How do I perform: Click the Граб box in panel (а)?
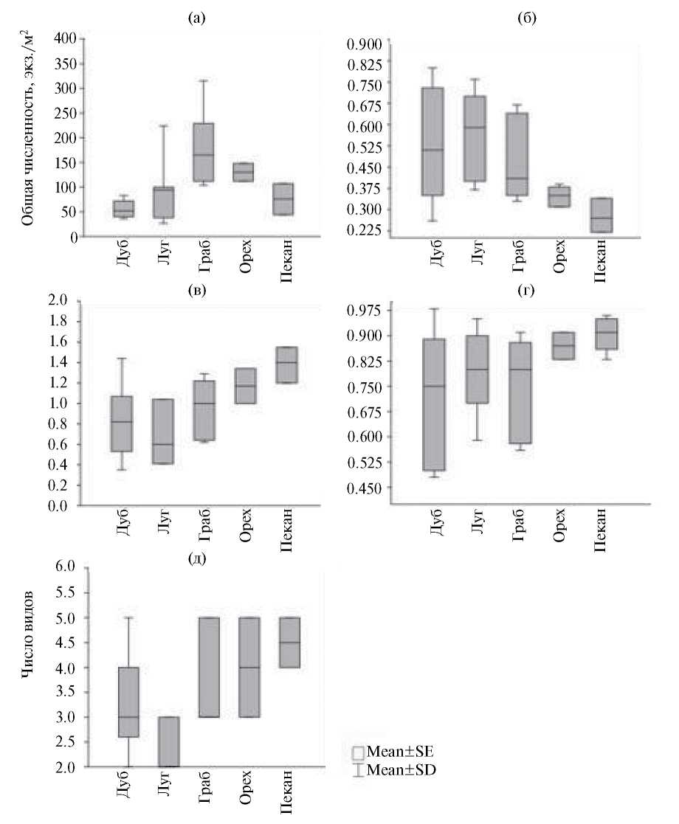[203, 152]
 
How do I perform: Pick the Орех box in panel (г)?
[565, 345]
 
